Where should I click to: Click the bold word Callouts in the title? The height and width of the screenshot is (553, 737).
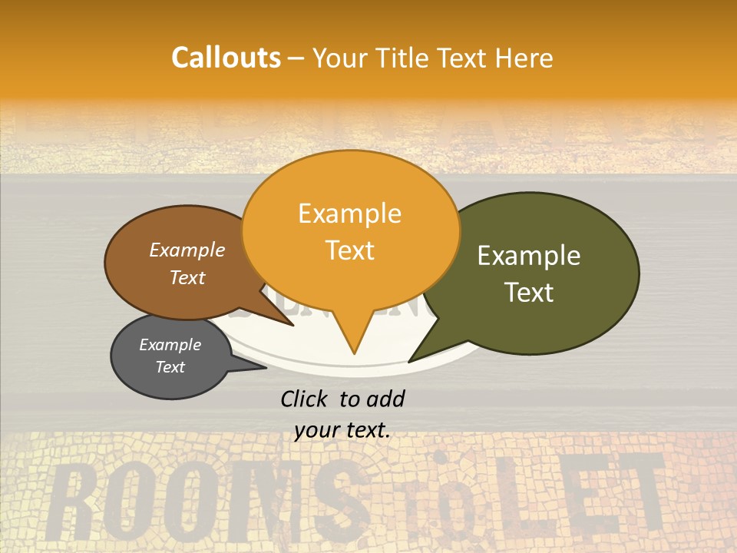pos(226,58)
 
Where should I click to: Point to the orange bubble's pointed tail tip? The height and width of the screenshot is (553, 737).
pos(354,353)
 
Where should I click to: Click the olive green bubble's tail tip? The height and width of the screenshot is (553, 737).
pos(409,362)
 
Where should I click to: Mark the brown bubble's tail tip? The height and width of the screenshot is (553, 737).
pos(292,326)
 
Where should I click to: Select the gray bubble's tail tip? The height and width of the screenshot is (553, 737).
pos(266,367)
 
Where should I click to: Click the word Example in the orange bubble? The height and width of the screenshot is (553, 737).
pos(349,214)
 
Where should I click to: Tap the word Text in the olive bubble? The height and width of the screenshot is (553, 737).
pos(530,293)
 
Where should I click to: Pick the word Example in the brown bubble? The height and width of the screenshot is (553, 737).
pos(187,250)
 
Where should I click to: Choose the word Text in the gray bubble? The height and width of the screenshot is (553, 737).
pos(170,367)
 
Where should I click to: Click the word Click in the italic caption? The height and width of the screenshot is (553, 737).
pos(306,399)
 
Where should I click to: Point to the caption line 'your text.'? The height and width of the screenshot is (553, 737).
pos(342,431)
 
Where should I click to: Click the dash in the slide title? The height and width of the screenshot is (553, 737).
pos(298,58)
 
